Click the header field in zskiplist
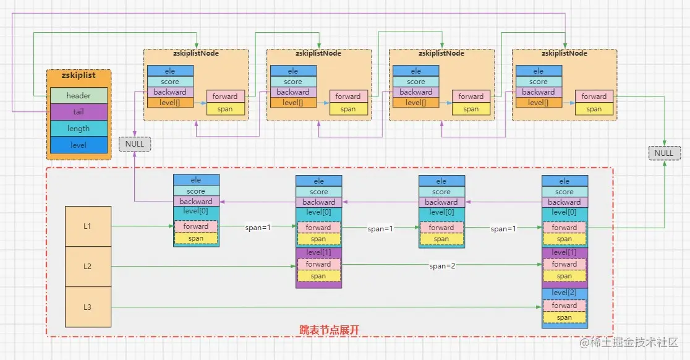[79, 96]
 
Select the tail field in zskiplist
[79, 112]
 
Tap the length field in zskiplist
[79, 129]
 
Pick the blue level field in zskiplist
[79, 145]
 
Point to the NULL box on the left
[134, 144]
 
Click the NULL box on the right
[664, 153]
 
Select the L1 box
[88, 226]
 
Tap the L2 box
[88, 266]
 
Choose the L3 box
[88, 307]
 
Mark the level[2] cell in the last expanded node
[564, 293]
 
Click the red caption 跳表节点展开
[330, 330]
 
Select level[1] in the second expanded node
[318, 252]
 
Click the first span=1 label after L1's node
[257, 228]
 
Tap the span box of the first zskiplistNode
[225, 109]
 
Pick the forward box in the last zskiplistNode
[594, 96]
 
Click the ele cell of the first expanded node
[196, 180]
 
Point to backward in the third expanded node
[441, 202]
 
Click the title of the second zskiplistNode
[318, 53]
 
